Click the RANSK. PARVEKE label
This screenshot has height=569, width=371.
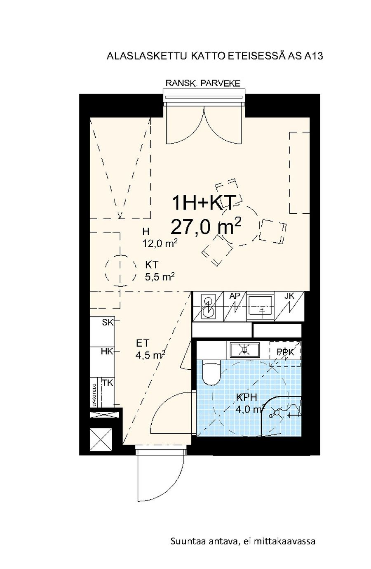[202, 83]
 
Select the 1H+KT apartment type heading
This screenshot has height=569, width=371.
[202, 203]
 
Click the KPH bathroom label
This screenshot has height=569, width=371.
[247, 397]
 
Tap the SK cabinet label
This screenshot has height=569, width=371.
[107, 322]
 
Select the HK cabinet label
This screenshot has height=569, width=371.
[107, 352]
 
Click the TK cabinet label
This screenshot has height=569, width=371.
[107, 382]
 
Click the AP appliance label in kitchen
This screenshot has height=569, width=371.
[235, 296]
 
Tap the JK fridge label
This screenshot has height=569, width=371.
[289, 296]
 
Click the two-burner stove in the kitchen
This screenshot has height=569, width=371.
[208, 306]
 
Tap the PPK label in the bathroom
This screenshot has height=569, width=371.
[286, 352]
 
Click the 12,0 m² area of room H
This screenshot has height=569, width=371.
[160, 243]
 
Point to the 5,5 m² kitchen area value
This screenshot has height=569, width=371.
[160, 276]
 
